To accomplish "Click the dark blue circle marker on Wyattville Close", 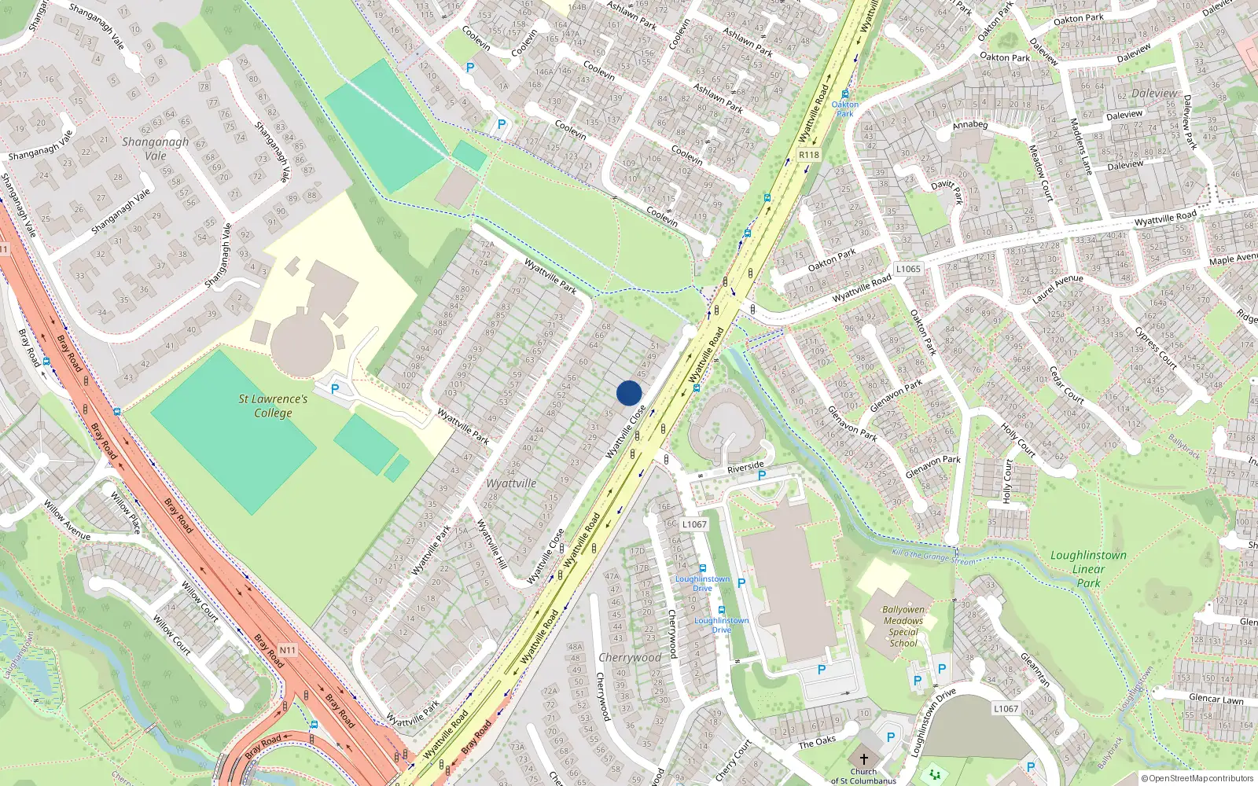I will (x=629, y=393).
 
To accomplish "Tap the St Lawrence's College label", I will (x=273, y=406).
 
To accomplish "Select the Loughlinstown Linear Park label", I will (x=1088, y=569).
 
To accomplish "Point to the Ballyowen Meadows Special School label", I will (x=903, y=626).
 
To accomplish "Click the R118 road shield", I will (x=808, y=155).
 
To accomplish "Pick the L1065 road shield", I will (x=908, y=269).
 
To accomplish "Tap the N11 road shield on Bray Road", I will (x=288, y=650).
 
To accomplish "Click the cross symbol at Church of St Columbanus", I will (x=863, y=759).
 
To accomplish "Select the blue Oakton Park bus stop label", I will (x=845, y=108).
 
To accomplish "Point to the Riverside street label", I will (x=745, y=468).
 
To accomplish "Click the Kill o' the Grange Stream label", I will (x=933, y=557).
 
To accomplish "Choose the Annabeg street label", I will (x=969, y=125).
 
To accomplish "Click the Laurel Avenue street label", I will (x=1058, y=289).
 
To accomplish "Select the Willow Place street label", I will (x=125, y=512).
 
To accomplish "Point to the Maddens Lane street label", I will (x=1081, y=146).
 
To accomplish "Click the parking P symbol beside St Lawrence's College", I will (x=335, y=389).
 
